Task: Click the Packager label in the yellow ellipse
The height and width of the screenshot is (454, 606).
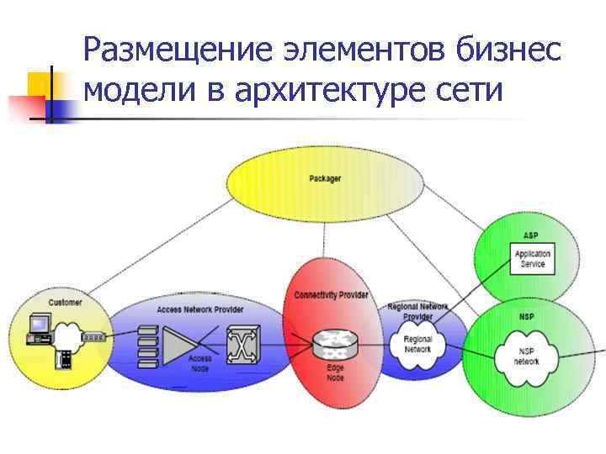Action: pos(325,179)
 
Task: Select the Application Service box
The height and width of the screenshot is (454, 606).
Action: pos(532,258)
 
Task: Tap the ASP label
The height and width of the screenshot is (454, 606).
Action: pos(530,235)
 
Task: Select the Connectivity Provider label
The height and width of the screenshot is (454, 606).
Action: pos(331,295)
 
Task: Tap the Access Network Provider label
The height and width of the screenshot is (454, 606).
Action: pos(199,309)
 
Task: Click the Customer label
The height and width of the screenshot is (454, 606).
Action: pos(65,302)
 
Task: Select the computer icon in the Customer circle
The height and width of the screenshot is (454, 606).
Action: pos(38,329)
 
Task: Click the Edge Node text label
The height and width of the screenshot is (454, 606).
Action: pos(335,373)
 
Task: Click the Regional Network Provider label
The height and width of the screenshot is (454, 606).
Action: pos(417,312)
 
